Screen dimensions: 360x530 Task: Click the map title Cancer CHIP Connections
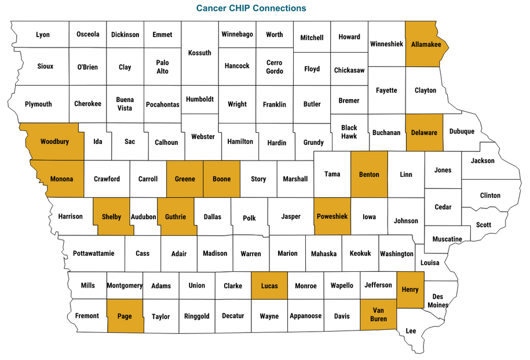(251, 8)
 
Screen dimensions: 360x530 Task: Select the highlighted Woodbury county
(54, 141)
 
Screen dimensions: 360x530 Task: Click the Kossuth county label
(200, 53)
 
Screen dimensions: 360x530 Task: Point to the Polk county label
(249, 218)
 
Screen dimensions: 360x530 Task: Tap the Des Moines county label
(437, 300)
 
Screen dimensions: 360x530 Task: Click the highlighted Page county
(125, 316)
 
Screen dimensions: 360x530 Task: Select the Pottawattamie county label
(94, 253)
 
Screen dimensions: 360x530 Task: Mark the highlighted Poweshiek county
(332, 216)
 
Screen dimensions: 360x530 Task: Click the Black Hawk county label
(349, 132)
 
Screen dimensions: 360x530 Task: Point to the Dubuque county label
(462, 132)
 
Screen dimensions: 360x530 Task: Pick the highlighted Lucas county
(269, 286)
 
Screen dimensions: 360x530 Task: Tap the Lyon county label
(43, 35)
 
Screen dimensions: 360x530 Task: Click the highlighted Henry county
(410, 289)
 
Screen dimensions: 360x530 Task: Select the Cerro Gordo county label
(275, 67)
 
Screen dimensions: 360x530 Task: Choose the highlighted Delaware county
(424, 133)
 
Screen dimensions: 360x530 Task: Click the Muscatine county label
(447, 239)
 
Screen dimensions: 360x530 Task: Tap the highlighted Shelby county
(111, 217)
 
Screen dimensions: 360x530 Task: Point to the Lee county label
(411, 330)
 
